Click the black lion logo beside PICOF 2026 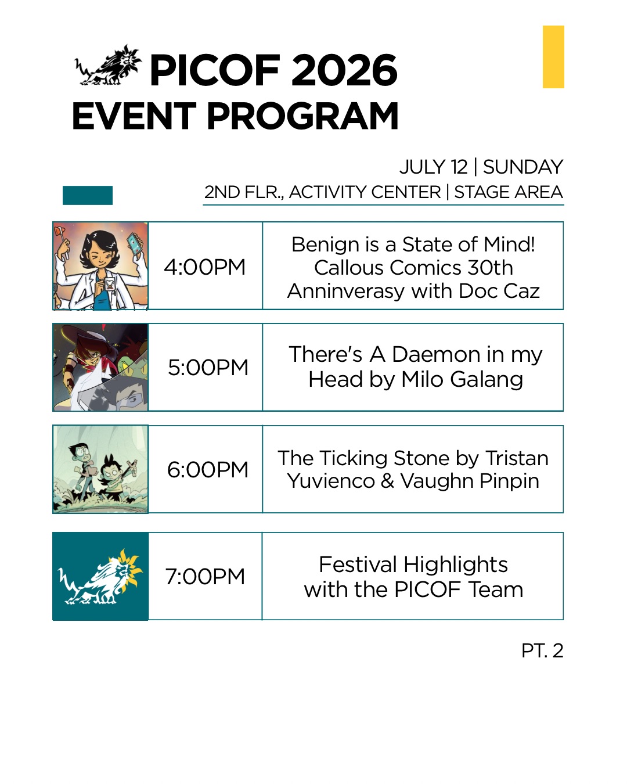click(x=108, y=66)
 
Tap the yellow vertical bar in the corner click(x=553, y=57)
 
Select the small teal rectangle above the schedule click(x=88, y=195)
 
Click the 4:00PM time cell click(x=205, y=266)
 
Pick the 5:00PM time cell click(x=205, y=367)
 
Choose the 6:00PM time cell click(x=205, y=469)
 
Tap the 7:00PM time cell click(x=205, y=576)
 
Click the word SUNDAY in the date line click(x=523, y=167)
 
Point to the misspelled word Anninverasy click(x=346, y=292)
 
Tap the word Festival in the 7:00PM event click(x=358, y=564)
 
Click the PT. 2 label click(x=542, y=650)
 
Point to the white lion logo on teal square click(x=100, y=576)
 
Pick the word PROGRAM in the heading click(x=302, y=116)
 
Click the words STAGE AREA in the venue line click(x=508, y=192)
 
